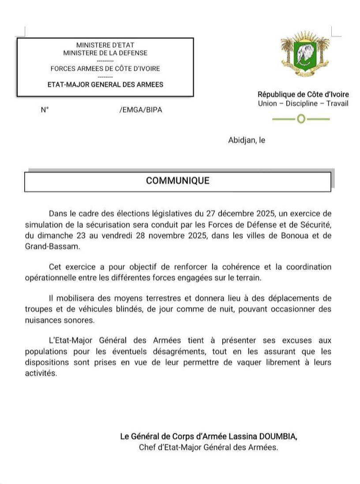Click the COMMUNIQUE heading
[178, 181]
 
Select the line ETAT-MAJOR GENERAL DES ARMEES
[105, 84]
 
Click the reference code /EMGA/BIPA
[140, 110]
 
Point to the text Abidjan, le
[247, 140]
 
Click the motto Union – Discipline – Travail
[303, 104]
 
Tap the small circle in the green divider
[301, 119]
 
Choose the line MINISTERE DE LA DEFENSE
[105, 53]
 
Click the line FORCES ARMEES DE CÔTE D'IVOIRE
[105, 69]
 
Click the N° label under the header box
[45, 110]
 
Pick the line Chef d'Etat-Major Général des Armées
[208, 447]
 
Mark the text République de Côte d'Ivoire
[303, 95]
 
